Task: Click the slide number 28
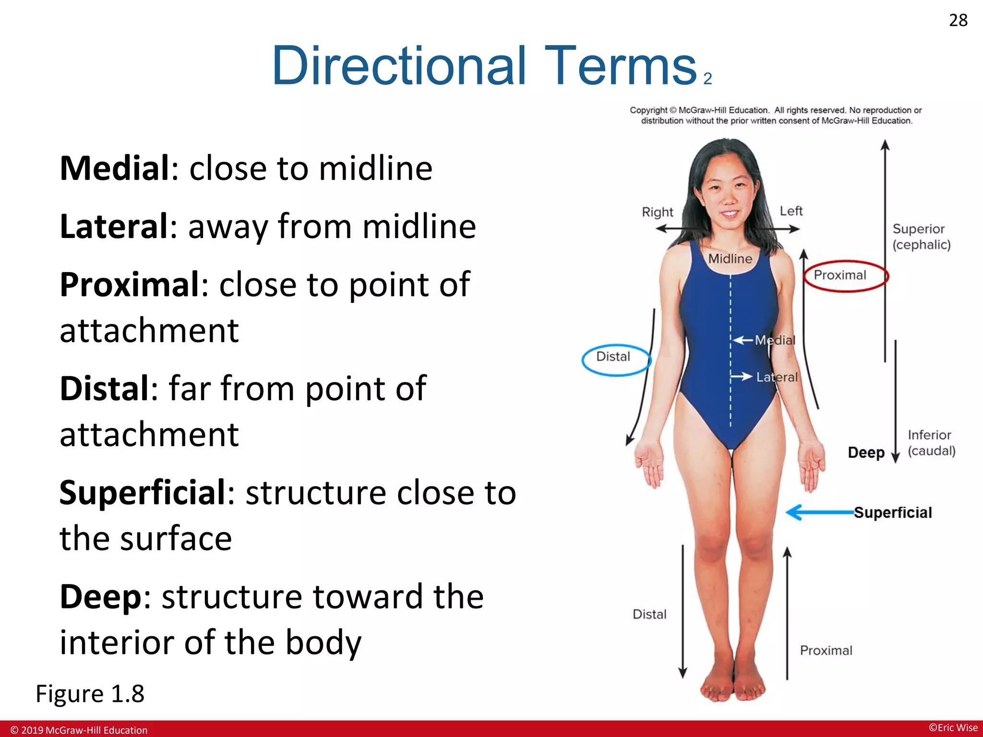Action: tap(958, 20)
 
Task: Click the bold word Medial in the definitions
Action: tap(114, 168)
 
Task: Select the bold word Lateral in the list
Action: tap(114, 226)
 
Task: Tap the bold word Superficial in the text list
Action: tap(143, 493)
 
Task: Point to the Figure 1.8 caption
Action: tap(90, 694)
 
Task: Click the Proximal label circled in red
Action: tap(840, 275)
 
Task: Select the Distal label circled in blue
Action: tap(613, 357)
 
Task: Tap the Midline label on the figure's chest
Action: tap(730, 259)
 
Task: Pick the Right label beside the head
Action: tap(658, 212)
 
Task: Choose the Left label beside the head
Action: tap(791, 211)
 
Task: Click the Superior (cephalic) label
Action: tap(921, 237)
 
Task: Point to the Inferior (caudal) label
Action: tap(931, 443)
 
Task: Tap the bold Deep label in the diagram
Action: tap(866, 452)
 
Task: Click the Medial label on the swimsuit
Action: tap(775, 340)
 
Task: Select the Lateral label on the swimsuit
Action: tap(777, 378)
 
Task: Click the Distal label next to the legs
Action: tap(649, 615)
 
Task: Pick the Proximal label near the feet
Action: tap(826, 651)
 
